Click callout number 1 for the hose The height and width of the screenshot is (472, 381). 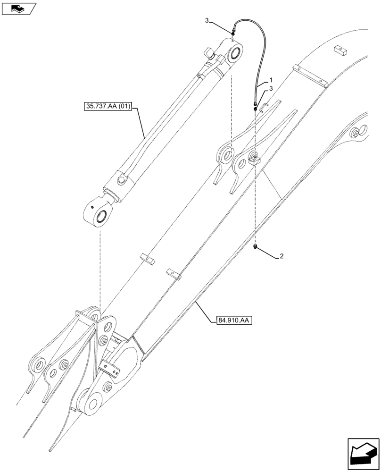tap(271, 80)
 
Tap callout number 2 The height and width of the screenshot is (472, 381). tap(282, 256)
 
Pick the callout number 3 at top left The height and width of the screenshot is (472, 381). tap(207, 20)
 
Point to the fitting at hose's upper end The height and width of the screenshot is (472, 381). tap(233, 33)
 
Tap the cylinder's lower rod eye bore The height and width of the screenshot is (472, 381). tap(101, 217)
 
